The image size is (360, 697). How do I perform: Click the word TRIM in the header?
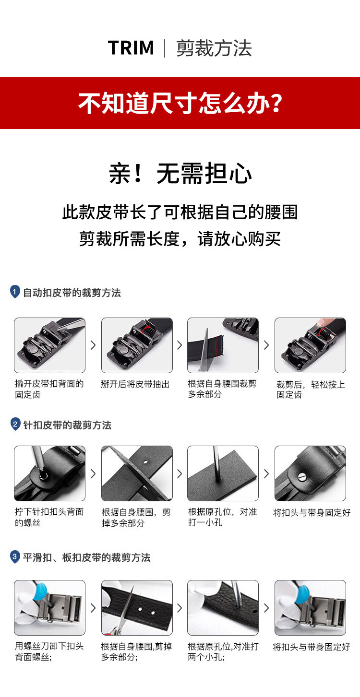pos(131,48)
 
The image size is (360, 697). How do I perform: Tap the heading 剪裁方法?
pos(214,48)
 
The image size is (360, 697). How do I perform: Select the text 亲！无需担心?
pos(180,173)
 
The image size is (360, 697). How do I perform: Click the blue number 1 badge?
pos(14,292)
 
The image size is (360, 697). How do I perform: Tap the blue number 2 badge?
pos(15,424)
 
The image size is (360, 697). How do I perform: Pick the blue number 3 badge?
pos(14,556)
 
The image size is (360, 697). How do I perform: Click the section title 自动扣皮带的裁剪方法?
pos(72,293)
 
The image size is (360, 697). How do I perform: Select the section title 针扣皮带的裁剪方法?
pos(67,425)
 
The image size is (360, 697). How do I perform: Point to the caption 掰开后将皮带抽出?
pos(135,384)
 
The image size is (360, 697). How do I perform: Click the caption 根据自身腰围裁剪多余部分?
pos(222,389)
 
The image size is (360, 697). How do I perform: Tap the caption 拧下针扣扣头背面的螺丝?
pos(49,517)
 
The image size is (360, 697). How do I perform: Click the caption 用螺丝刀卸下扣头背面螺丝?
pos(49,651)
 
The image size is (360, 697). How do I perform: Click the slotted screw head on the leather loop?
pos(302,477)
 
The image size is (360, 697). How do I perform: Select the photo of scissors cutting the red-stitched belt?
pos(223,345)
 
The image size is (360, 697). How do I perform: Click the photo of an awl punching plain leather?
pos(223,473)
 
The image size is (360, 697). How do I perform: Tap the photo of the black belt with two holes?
pos(137,608)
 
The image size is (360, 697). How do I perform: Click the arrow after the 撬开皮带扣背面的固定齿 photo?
pos(93,345)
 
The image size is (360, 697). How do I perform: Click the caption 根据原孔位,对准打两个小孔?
pos(223,651)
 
